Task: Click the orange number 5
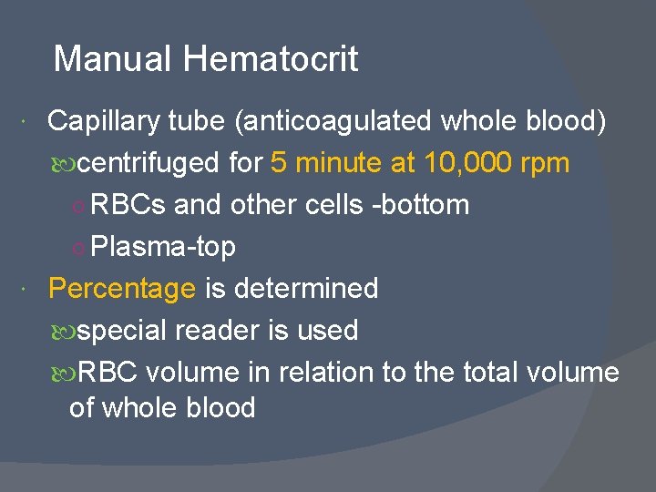click(279, 163)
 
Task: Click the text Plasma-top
click(164, 247)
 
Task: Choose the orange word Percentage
click(122, 289)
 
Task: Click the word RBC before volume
click(108, 373)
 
